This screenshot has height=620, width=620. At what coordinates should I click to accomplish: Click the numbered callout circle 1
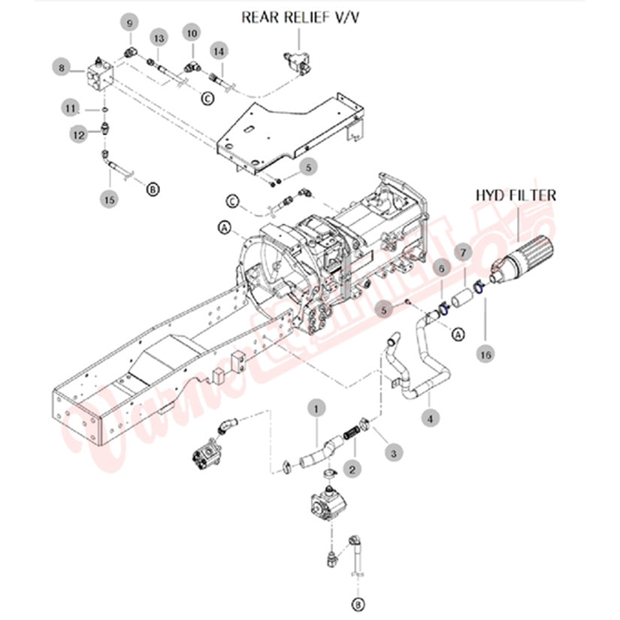click(317, 408)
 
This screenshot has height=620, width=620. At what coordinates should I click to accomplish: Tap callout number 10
click(192, 32)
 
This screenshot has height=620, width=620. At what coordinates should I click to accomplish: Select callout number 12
click(78, 134)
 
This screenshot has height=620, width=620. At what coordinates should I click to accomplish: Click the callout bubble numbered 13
click(158, 38)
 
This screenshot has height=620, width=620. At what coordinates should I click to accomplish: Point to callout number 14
click(219, 50)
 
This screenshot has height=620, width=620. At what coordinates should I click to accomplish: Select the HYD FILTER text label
click(516, 195)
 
